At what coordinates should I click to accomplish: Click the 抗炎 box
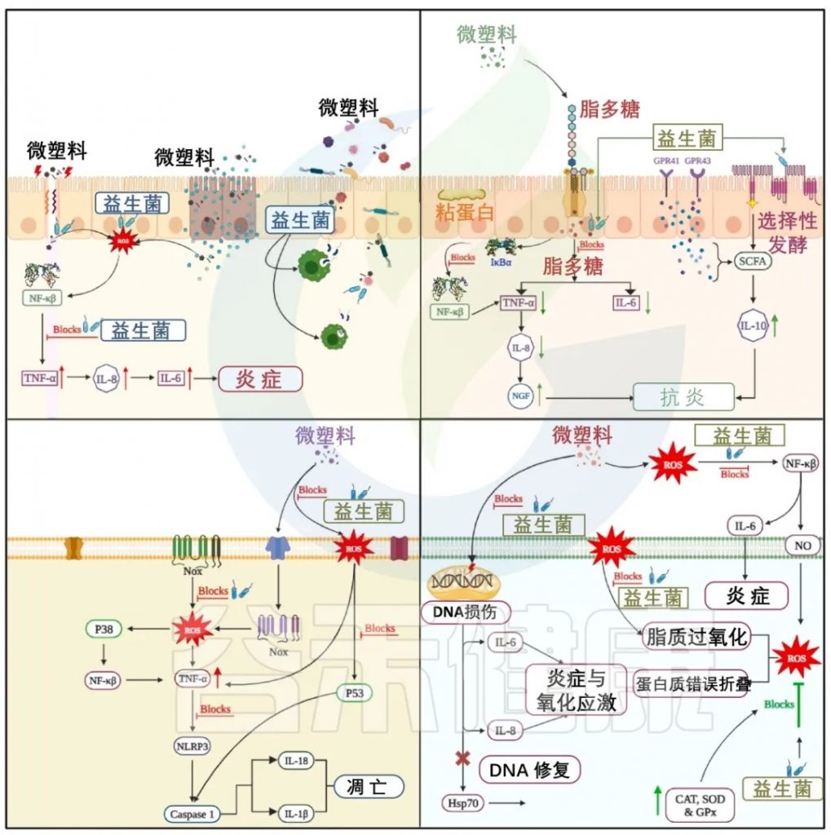[683, 397]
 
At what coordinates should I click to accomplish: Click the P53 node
[355, 693]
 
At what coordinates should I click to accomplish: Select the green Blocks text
[778, 703]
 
